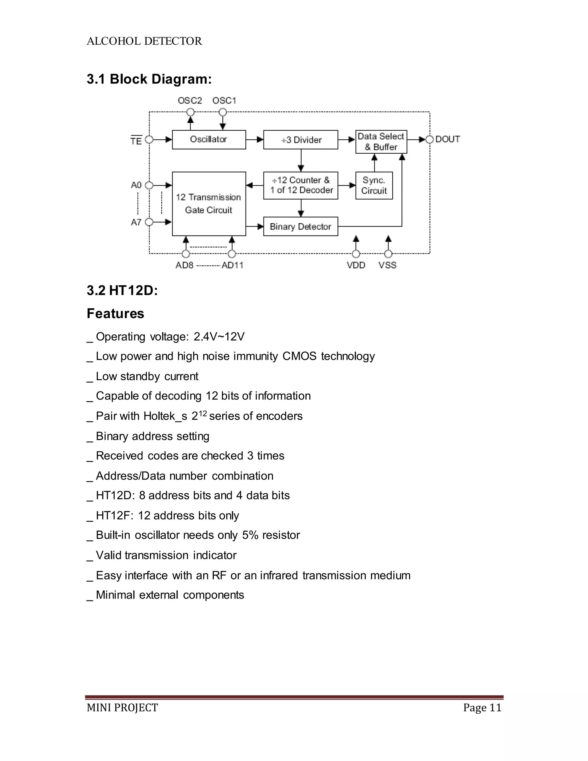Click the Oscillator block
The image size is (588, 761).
pos(209,140)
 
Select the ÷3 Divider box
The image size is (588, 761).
pos(301,140)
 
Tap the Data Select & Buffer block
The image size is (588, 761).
pos(381,142)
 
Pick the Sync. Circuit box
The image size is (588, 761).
pos(374,186)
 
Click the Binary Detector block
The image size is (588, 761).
pos(301,227)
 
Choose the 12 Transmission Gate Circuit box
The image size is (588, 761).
pos(209,204)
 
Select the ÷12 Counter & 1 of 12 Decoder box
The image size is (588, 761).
pos(301,186)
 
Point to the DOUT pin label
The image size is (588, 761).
pos(448,139)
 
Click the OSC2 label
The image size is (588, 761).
pos(190,101)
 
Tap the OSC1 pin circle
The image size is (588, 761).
pos(223,112)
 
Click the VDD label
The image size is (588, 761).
pos(356,265)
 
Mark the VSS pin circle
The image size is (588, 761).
pos(388,254)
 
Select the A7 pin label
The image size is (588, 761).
pos(136,222)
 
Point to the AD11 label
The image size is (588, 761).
pos(232,265)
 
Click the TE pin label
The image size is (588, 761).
pos(136,140)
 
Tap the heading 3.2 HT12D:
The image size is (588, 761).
pos(122,290)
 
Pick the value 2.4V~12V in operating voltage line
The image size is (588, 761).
pos(219,337)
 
